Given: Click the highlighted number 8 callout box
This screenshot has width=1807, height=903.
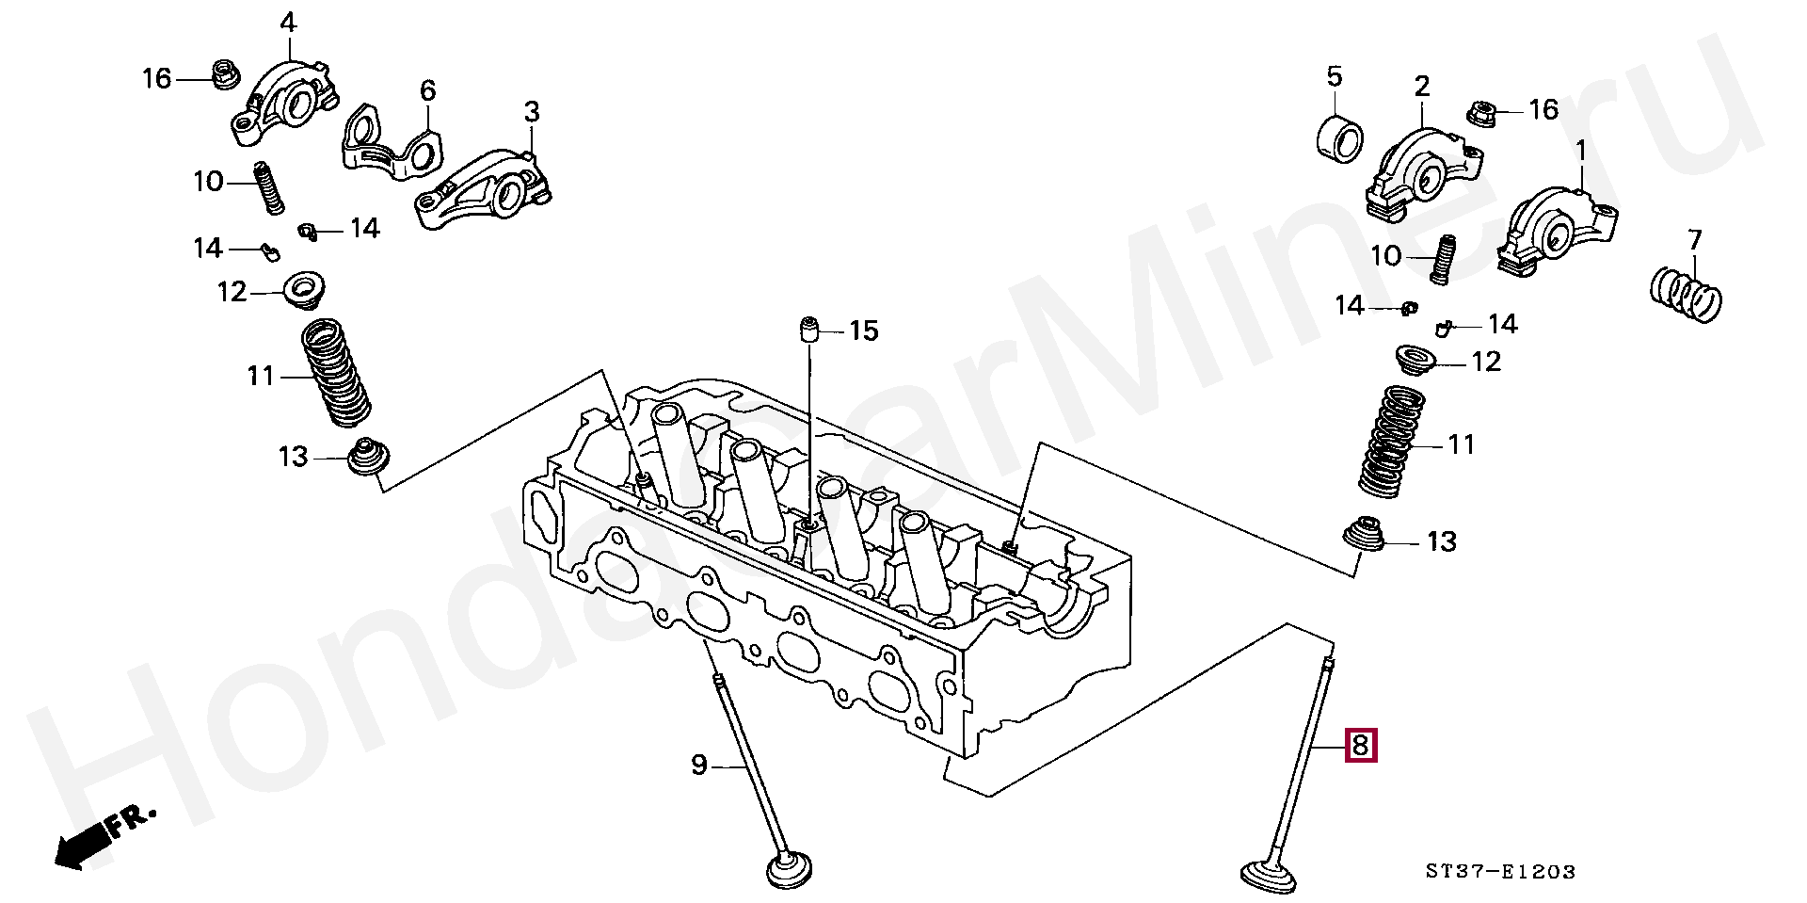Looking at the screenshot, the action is [x=1361, y=745].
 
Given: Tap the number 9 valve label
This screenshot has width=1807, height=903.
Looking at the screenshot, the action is [x=698, y=765].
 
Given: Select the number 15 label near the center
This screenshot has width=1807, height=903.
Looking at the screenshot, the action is [x=863, y=331].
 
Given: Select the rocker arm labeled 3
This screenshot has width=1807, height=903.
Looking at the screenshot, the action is [x=485, y=193].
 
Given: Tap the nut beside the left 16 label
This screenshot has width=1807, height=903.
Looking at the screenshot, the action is [x=224, y=74].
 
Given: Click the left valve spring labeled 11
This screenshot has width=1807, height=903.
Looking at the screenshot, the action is [x=336, y=374].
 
